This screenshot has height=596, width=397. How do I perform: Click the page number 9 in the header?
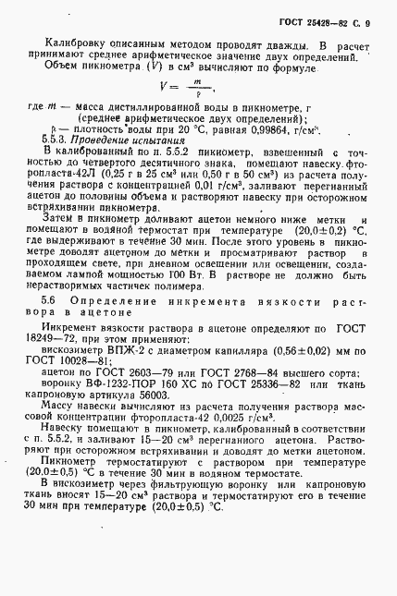coord(366,22)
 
